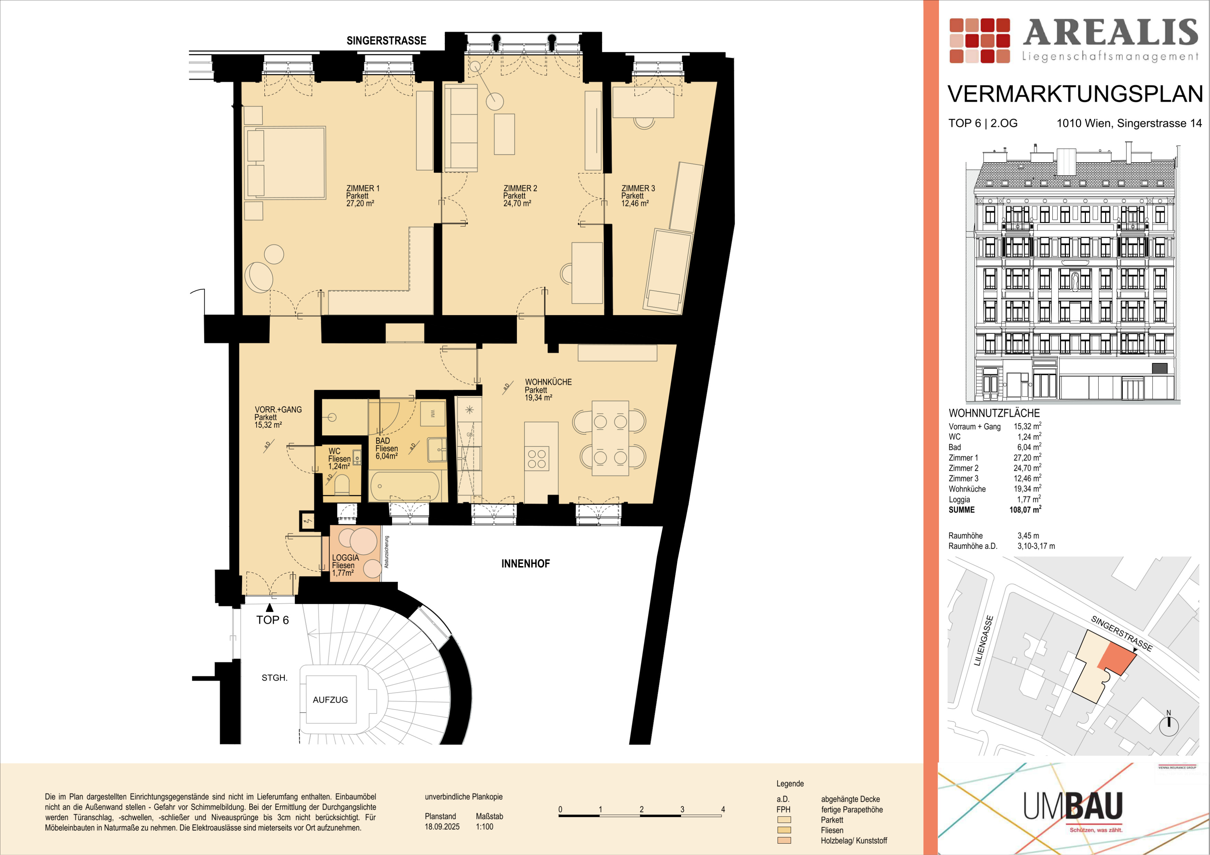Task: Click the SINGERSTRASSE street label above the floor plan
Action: pos(386,40)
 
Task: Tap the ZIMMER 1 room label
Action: pos(363,188)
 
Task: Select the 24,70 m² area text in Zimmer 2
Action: pos(517,203)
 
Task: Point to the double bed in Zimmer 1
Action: pos(286,163)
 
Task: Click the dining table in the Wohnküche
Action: pos(610,438)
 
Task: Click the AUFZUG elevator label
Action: pos(331,699)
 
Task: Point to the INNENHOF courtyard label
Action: pos(525,564)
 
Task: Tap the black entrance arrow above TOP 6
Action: pos(270,608)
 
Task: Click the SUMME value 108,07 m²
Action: pos(1025,509)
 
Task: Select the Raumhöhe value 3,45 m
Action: pos(1028,536)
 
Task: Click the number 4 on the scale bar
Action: pos(723,809)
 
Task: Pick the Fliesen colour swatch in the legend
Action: pos(784,830)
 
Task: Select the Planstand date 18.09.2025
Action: pos(442,827)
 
